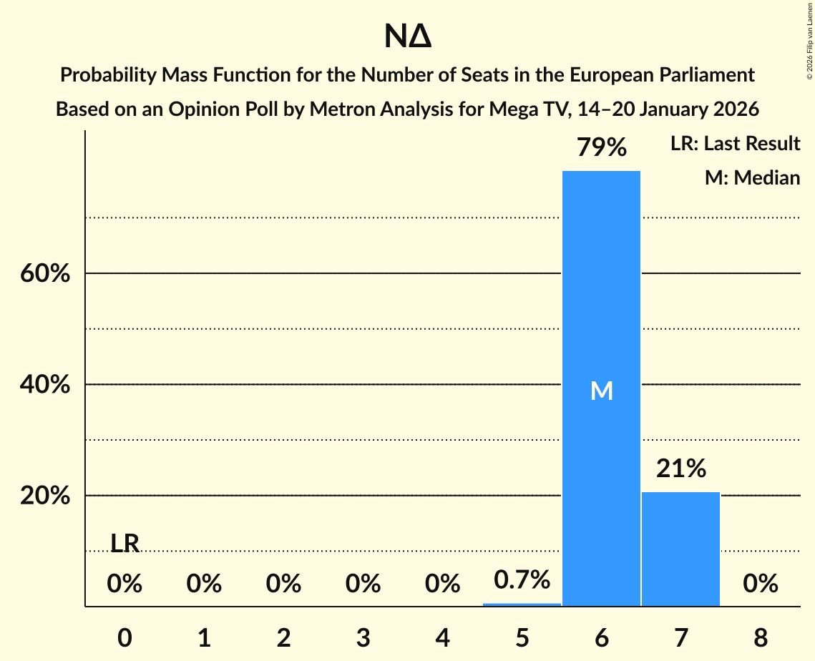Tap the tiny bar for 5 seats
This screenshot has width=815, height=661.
click(522, 604)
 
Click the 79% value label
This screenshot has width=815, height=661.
click(601, 148)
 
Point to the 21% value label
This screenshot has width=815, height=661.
click(680, 469)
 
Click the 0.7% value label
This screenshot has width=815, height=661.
click(522, 579)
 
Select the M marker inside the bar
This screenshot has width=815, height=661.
click(601, 391)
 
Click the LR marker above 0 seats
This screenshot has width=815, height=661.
click(125, 544)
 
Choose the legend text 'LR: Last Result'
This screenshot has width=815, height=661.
click(735, 144)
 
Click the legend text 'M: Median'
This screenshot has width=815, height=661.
click(752, 177)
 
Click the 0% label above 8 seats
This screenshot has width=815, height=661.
click(760, 584)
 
